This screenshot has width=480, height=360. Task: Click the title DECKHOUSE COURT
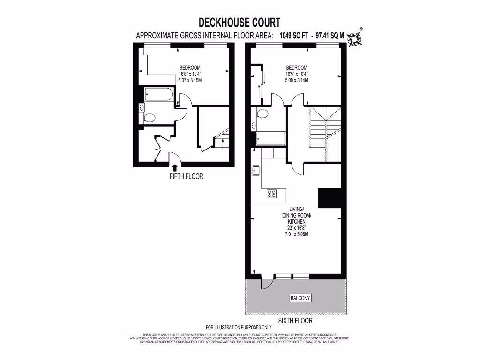(x=240, y=22)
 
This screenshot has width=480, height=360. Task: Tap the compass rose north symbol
(x=360, y=36)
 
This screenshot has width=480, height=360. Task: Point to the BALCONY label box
(x=300, y=298)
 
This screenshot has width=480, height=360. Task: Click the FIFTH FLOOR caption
(x=186, y=177)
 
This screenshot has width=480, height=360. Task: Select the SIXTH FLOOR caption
(x=295, y=321)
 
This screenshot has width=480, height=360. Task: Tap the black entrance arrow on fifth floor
(x=175, y=167)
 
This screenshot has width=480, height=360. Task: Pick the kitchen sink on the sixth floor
(x=256, y=171)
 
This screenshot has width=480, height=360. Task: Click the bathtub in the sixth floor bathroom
(x=270, y=139)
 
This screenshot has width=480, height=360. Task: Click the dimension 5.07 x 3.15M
(x=190, y=80)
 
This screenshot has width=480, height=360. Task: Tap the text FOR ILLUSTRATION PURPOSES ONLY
(x=239, y=327)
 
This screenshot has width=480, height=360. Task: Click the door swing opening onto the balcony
(x=266, y=283)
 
